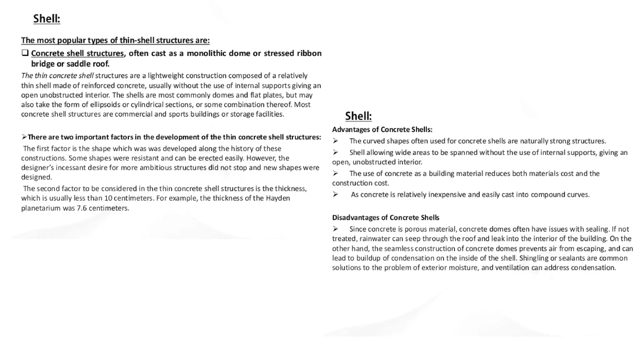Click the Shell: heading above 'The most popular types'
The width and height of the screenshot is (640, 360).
coord(47,19)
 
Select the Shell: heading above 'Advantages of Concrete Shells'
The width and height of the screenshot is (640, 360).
coord(358,116)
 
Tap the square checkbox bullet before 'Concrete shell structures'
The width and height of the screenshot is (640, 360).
coord(25,53)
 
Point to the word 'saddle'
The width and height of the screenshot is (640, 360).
coord(80,64)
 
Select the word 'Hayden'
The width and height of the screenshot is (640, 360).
coord(278,198)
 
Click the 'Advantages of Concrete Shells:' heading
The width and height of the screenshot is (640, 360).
coord(382,129)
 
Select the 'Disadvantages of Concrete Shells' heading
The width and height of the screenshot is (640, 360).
coord(385,217)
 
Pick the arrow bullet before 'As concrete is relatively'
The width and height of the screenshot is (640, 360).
coord(335,194)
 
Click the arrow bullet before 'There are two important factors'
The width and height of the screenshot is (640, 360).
coord(24,137)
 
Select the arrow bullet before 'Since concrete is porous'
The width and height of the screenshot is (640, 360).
coord(335,229)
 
